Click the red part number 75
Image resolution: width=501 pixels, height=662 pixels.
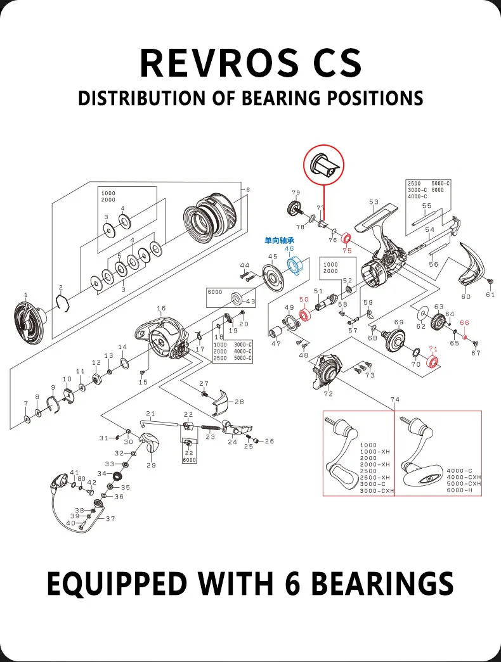point(347,251)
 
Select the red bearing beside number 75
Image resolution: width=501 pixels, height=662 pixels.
point(347,239)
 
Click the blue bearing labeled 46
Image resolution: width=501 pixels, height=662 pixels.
point(294,265)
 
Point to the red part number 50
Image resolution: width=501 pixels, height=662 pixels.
point(304,299)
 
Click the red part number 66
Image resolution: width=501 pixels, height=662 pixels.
point(464,323)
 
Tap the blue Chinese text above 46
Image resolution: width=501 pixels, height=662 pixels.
point(279,241)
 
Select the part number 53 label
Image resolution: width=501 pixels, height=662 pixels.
point(374,202)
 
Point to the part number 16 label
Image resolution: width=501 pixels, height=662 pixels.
point(161,309)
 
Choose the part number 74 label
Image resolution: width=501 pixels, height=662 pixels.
point(395,400)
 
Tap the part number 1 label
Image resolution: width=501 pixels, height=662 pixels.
point(26,295)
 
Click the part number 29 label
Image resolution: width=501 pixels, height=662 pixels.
point(151,465)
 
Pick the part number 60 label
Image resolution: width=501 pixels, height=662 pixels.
point(466,296)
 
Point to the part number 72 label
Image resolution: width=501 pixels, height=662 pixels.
point(328,394)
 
